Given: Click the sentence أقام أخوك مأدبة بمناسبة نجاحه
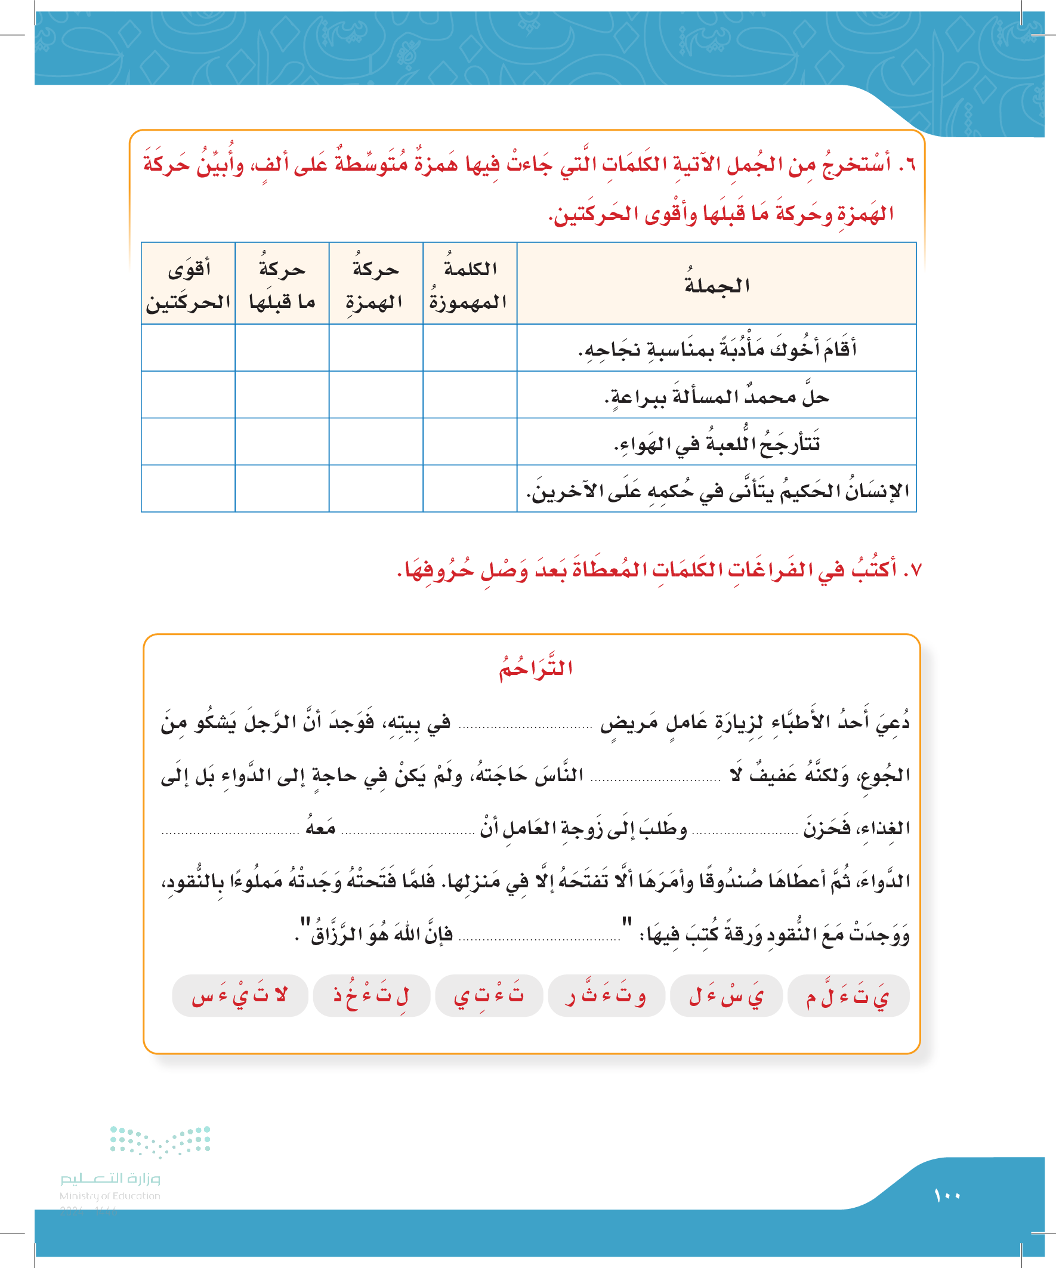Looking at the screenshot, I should pyautogui.click(x=717, y=349).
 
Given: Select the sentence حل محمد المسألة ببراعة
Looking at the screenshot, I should pyautogui.click(x=717, y=396).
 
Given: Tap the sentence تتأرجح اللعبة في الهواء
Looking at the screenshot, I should pyautogui.click(x=717, y=443).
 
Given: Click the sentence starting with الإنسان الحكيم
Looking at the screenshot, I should pyautogui.click(x=717, y=490).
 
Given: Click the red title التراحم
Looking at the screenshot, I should pyautogui.click(x=536, y=668).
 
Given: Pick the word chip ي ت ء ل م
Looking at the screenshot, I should pyautogui.click(x=848, y=996).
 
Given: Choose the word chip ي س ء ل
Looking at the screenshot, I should pyautogui.click(x=726, y=996).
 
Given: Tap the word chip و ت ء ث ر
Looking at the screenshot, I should pyautogui.click(x=606, y=996).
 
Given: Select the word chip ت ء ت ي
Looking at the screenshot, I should pyautogui.click(x=489, y=996).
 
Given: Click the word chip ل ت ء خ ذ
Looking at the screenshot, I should pyautogui.click(x=371, y=996).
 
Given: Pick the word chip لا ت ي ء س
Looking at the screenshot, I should pyautogui.click(x=240, y=996).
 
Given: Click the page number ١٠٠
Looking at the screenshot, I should pyautogui.click(x=947, y=1196).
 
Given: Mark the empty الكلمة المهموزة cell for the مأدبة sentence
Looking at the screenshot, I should pyautogui.click(x=469, y=348).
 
